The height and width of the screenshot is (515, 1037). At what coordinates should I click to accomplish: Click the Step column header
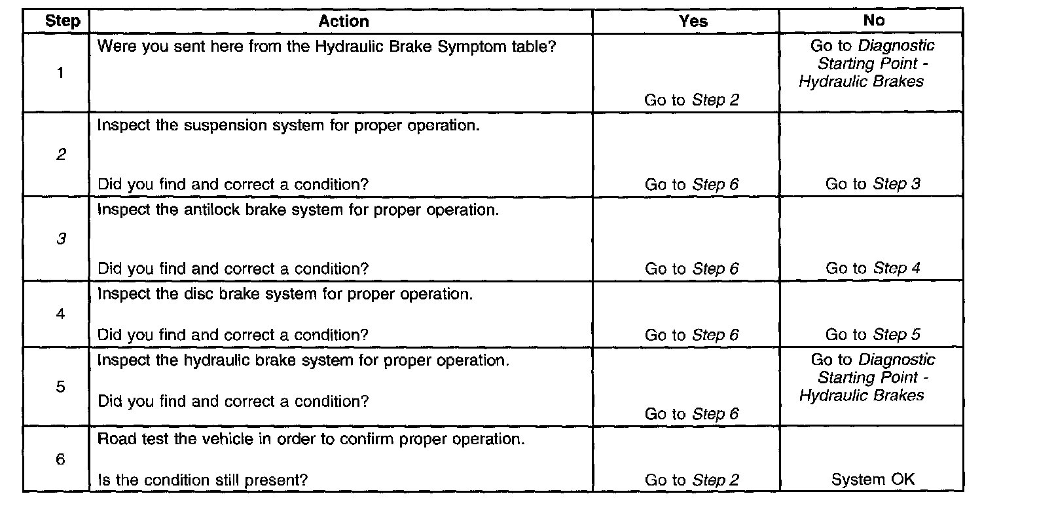coord(62,21)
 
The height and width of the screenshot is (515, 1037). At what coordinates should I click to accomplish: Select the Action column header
coord(344,21)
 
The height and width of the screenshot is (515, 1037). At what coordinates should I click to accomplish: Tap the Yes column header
coord(693,21)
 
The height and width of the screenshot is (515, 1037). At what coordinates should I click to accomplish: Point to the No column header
coord(873,20)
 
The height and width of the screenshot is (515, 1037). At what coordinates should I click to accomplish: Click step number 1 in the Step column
coord(60,73)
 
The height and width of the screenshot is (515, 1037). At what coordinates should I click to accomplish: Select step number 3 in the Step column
coord(60,239)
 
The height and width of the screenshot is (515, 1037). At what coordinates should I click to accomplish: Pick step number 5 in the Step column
coord(60,387)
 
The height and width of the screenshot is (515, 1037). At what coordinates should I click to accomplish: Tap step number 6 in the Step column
coord(60,459)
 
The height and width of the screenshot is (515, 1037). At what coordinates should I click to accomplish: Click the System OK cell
coord(873,480)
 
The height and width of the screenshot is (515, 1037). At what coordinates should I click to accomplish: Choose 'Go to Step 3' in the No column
coord(873,184)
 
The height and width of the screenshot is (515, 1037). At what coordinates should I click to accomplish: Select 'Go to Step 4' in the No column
coord(873,268)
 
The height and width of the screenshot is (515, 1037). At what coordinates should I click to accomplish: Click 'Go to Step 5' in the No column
coord(873,335)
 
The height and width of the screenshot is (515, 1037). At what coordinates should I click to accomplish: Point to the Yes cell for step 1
coord(691,100)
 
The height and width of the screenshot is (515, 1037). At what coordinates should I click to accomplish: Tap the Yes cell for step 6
coord(691,480)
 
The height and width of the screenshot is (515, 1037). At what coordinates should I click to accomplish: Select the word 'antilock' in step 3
coord(185,210)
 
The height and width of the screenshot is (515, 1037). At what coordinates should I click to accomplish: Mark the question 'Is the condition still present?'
coord(202,480)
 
